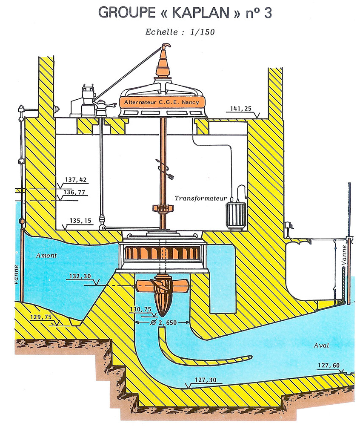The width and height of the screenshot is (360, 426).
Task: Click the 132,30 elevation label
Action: point(79,276)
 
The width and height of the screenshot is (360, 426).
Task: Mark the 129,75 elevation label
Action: point(42,317)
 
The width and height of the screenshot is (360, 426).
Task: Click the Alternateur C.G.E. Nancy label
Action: point(161,102)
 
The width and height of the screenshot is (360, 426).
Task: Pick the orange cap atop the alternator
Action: point(164,64)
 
